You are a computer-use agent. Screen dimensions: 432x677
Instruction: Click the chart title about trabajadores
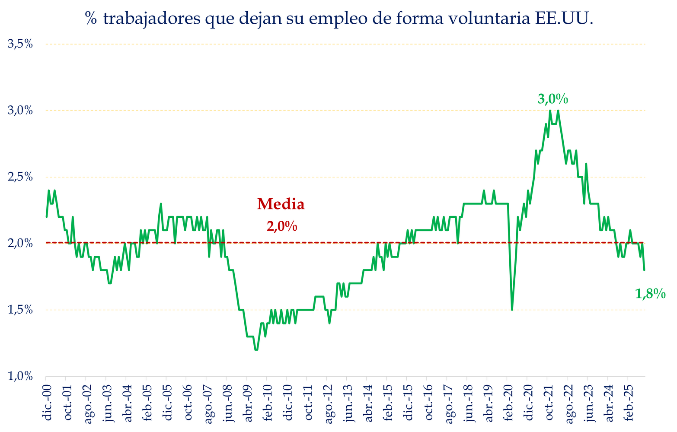[338, 19]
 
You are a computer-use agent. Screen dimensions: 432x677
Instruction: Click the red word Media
[281, 204]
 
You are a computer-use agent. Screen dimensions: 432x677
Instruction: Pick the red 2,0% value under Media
[282, 226]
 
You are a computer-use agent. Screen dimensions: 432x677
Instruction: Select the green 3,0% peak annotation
[552, 99]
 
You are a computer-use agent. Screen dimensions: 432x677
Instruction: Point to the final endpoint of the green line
[644, 270]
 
